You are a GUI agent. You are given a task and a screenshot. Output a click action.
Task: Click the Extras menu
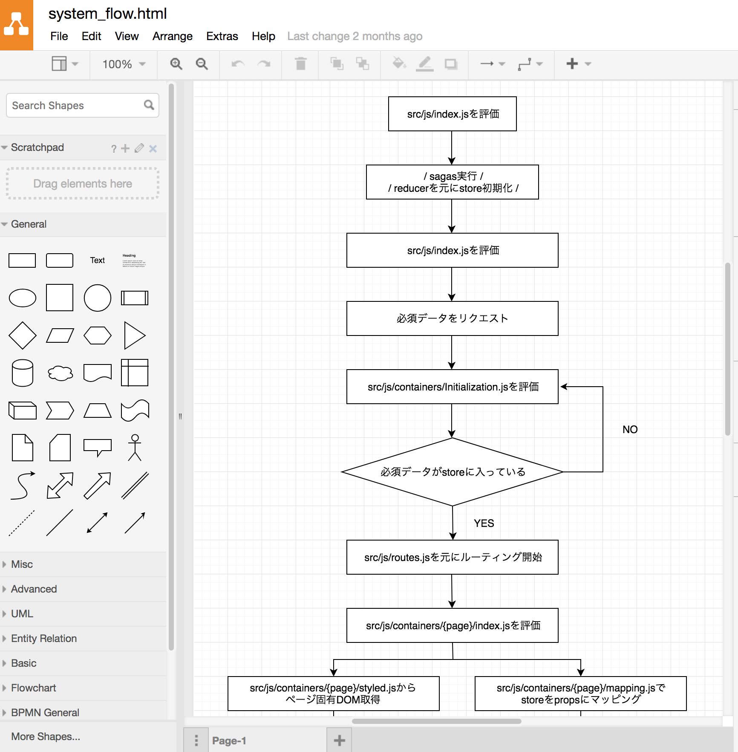(x=222, y=36)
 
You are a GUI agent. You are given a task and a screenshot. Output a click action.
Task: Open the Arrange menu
(x=172, y=36)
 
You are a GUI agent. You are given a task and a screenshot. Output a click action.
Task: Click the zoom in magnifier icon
(x=176, y=64)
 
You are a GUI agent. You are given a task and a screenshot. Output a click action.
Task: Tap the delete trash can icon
(x=301, y=64)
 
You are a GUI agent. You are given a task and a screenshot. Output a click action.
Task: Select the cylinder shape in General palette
(x=22, y=373)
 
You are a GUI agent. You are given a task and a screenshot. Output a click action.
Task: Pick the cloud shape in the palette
(x=60, y=373)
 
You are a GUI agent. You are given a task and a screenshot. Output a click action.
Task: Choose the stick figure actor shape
(x=135, y=448)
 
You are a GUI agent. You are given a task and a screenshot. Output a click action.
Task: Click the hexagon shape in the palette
(x=98, y=336)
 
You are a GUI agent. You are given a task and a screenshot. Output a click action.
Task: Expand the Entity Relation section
(x=43, y=638)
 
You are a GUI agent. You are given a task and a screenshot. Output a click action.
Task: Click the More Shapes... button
(x=46, y=736)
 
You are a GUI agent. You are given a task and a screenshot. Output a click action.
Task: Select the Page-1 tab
(x=229, y=740)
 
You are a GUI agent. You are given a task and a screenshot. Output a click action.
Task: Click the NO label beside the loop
(x=630, y=429)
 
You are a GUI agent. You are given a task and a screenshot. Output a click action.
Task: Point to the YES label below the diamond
(x=484, y=523)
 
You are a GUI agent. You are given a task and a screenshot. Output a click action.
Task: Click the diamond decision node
(x=453, y=472)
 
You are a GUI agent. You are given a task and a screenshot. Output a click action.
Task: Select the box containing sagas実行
(x=453, y=182)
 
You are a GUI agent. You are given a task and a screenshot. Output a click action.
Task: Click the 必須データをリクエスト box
(x=453, y=318)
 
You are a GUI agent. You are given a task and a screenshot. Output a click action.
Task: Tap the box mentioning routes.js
(x=453, y=557)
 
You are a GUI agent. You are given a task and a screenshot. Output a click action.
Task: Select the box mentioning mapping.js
(x=580, y=694)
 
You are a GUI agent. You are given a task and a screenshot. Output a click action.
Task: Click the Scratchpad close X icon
(x=153, y=148)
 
